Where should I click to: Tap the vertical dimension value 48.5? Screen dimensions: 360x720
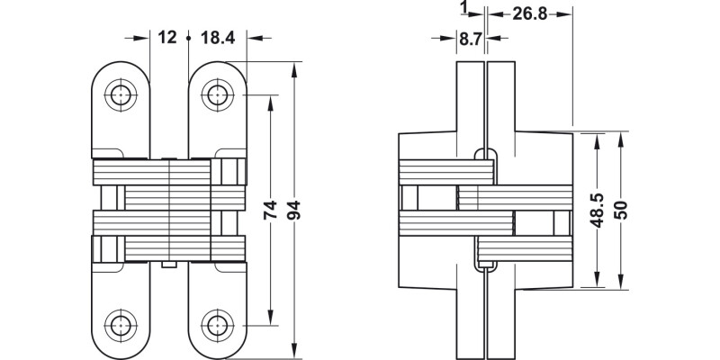(595, 212)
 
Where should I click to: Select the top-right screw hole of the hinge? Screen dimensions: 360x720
(213, 94)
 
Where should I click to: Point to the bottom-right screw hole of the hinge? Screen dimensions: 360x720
(213, 324)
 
